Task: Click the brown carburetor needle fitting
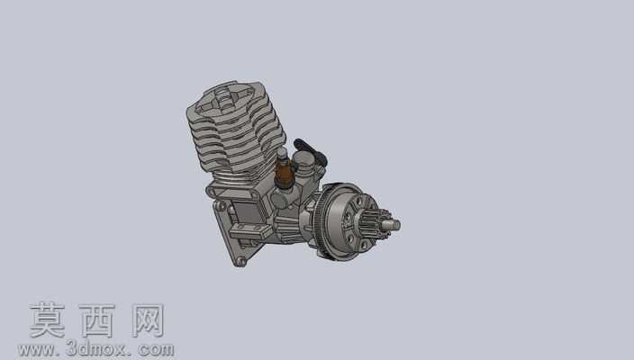point(285,172)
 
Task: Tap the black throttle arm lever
point(311,151)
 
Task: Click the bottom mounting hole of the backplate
point(240,263)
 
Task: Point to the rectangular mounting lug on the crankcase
point(251,231)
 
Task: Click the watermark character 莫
point(48,320)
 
